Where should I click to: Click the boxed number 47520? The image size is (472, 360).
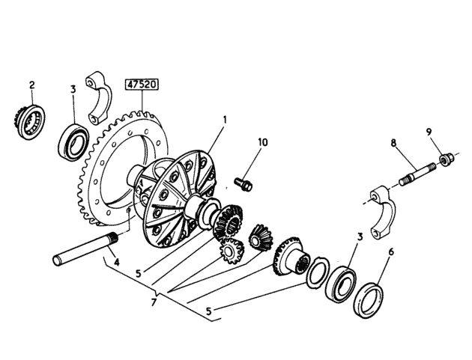[142, 85]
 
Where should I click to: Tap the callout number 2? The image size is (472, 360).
[32, 85]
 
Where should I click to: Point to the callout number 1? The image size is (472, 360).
[224, 120]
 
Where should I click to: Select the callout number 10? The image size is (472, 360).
[263, 142]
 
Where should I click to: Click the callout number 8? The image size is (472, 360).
[393, 143]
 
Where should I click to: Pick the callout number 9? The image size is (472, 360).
[429, 132]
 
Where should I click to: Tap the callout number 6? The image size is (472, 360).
[391, 252]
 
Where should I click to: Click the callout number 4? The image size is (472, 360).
[116, 262]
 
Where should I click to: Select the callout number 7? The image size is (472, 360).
[154, 302]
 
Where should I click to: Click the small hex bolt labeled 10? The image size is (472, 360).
[243, 184]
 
